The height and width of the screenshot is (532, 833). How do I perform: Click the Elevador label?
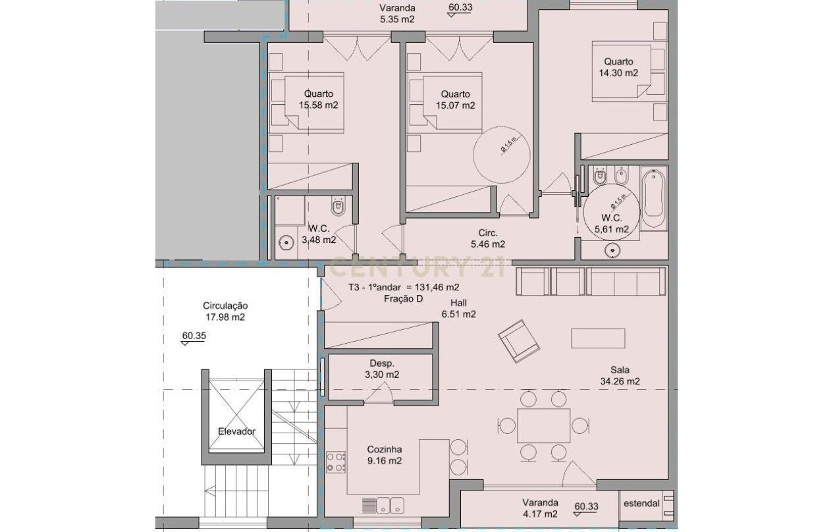[x=236, y=431]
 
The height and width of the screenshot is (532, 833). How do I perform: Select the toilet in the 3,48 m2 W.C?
[x=338, y=207]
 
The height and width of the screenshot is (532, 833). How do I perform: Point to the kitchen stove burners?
[x=336, y=462]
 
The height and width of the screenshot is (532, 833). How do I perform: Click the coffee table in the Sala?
[x=598, y=338]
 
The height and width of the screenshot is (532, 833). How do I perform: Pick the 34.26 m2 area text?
[x=620, y=381]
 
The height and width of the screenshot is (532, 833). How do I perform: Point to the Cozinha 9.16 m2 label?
[x=385, y=455]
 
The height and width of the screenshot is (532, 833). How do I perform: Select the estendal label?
[x=640, y=504]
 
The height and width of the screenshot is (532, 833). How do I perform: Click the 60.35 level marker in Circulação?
[x=194, y=336]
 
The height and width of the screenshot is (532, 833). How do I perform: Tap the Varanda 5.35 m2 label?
[x=397, y=14]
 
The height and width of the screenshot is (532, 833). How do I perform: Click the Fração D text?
[x=402, y=298]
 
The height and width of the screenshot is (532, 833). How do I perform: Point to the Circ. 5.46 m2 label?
[x=488, y=238]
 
